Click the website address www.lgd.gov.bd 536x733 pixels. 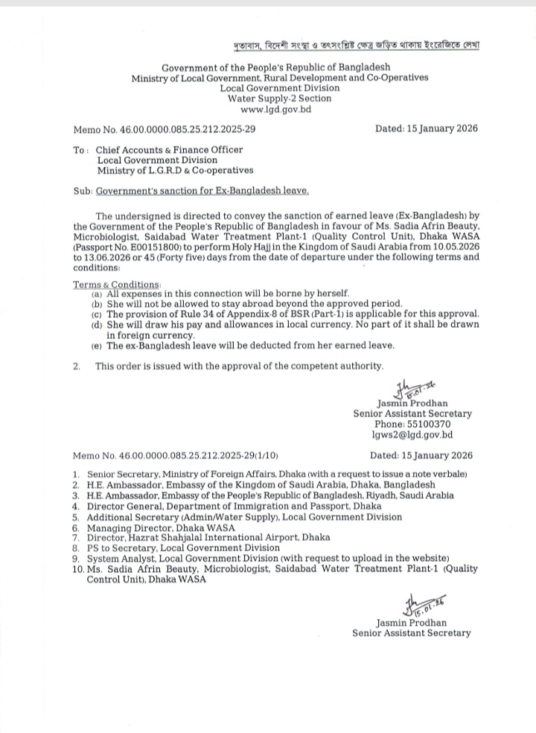(x=270, y=109)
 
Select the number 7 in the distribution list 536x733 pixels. (x=76, y=536)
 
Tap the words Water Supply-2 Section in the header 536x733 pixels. (x=270, y=98)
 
